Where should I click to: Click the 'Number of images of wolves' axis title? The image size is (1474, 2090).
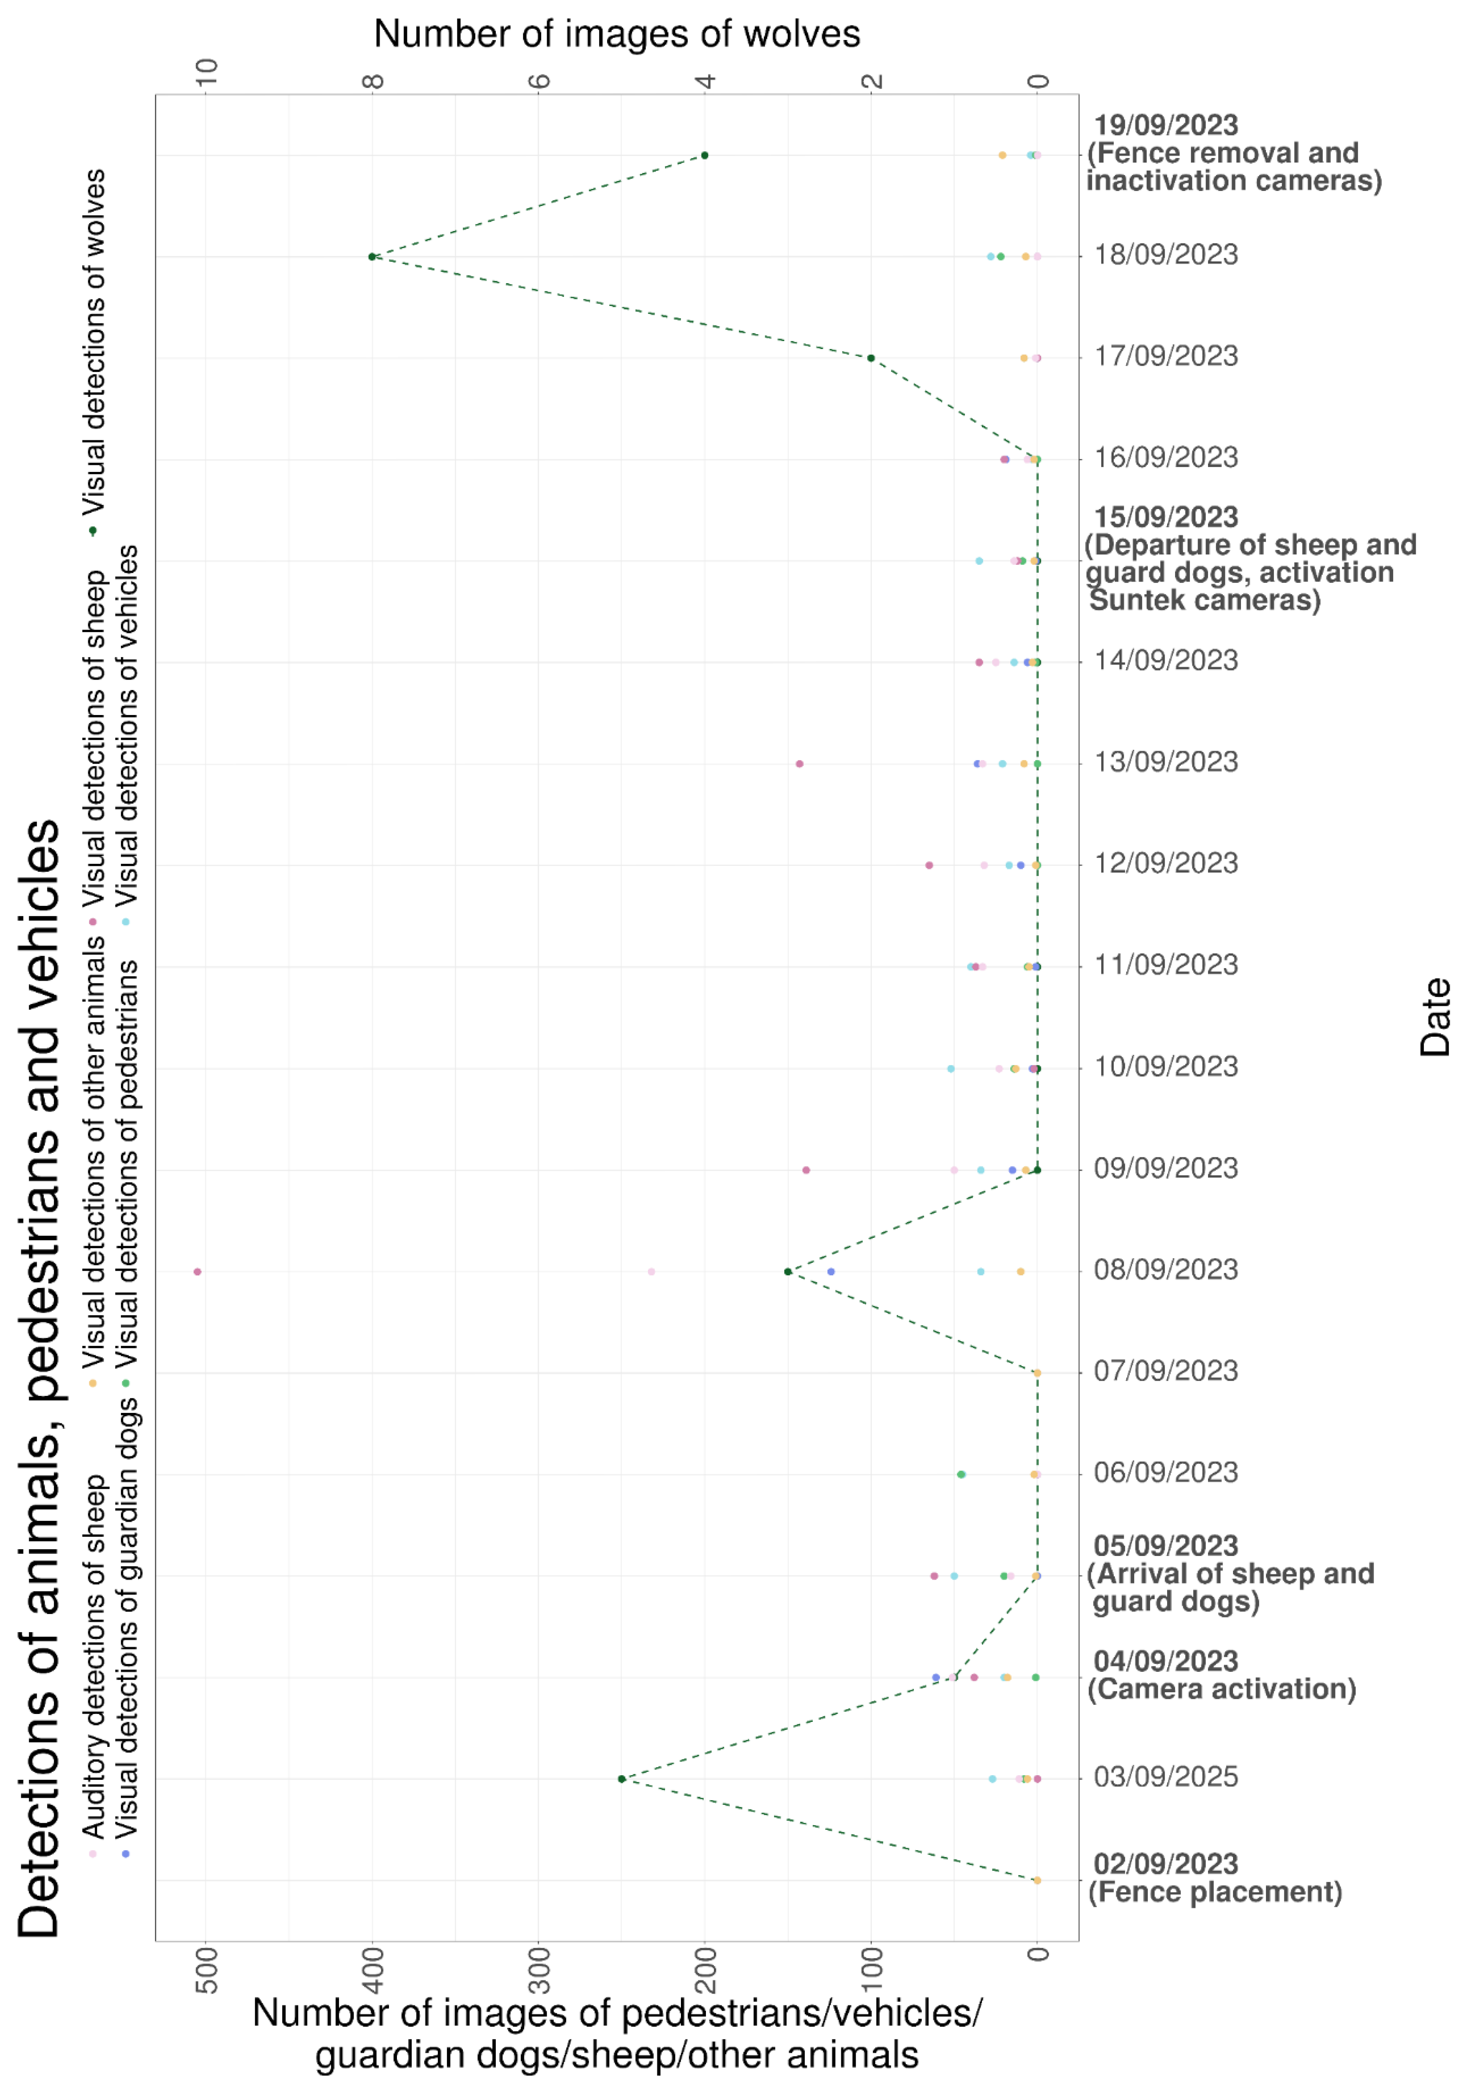point(616,35)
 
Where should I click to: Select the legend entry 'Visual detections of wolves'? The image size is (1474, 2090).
point(95,341)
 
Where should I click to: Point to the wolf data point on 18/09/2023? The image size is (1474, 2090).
point(372,257)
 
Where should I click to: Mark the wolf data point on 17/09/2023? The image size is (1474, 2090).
point(871,358)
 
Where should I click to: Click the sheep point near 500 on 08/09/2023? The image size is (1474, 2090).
point(198,1272)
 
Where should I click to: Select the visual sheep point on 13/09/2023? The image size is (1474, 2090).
point(799,764)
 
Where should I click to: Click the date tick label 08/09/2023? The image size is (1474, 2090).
point(1165,1270)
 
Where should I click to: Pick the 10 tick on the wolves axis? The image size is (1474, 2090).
point(208,71)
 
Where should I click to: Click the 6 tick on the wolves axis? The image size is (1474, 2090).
point(540,80)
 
